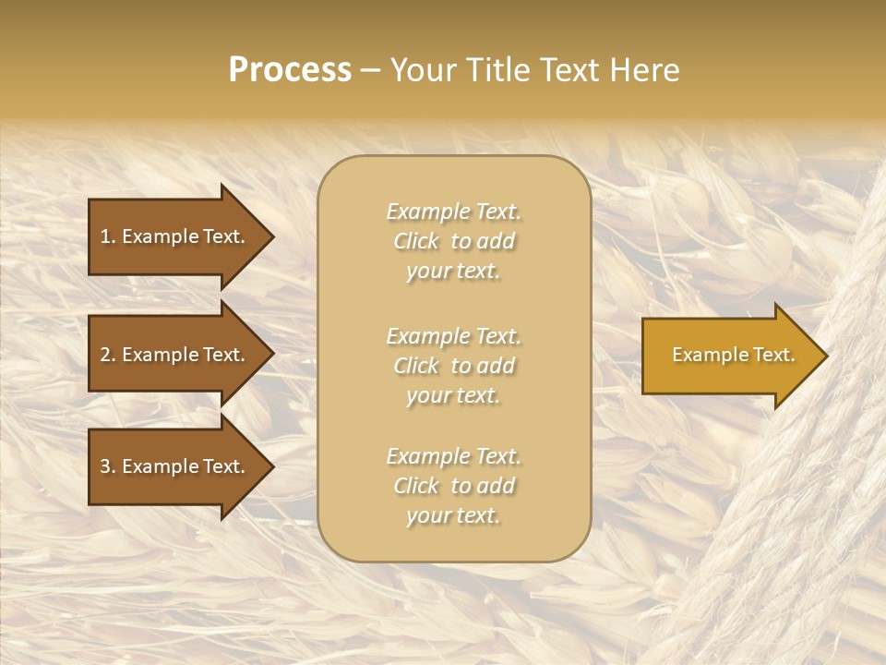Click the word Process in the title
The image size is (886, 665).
click(x=290, y=70)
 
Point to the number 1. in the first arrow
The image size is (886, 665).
click(x=107, y=236)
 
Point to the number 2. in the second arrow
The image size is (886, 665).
click(x=107, y=355)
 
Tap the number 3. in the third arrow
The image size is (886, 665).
click(x=107, y=466)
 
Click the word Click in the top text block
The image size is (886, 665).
click(x=416, y=241)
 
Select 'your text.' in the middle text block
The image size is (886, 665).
click(x=453, y=395)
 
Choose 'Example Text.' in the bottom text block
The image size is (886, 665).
click(x=453, y=456)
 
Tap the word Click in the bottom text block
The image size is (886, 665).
click(x=416, y=486)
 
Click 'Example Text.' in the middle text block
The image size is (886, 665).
click(x=453, y=336)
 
